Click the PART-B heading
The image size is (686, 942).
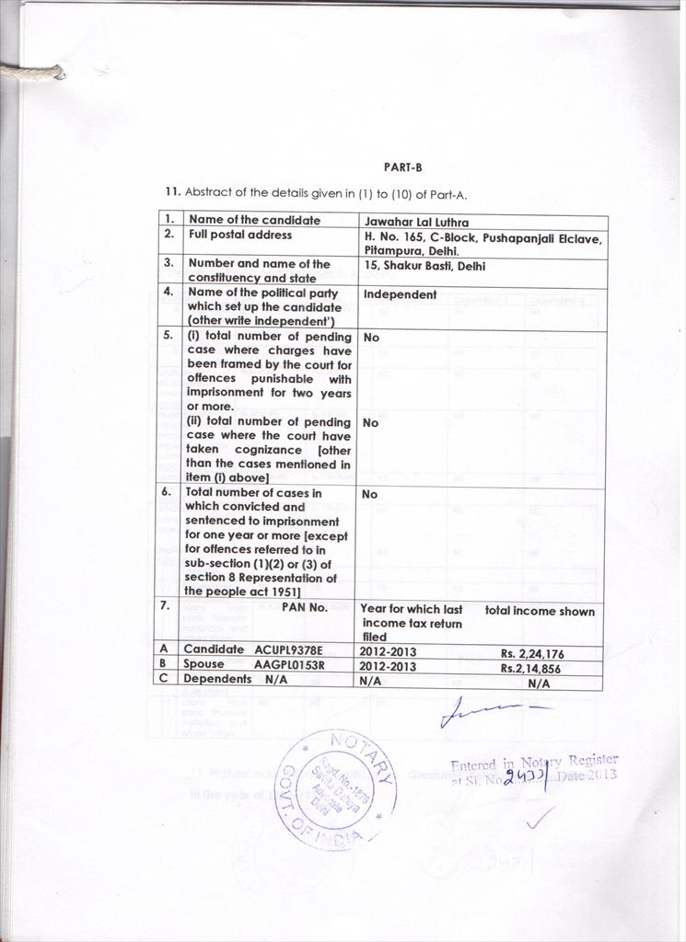pos(402,167)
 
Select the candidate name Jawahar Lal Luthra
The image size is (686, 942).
pos(416,222)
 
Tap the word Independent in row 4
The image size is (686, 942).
pos(400,294)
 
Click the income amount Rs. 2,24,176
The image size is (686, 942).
pos(532,653)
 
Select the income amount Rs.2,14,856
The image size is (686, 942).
pos(530,668)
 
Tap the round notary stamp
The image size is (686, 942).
pos(337,787)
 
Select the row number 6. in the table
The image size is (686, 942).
pos(167,491)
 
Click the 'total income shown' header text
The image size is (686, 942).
pos(540,611)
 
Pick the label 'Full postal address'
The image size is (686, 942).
pos(238,235)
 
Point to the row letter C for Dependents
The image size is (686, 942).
pos(163,679)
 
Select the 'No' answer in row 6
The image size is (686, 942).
pos(369,494)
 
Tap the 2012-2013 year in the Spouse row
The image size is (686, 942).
pos(388,666)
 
